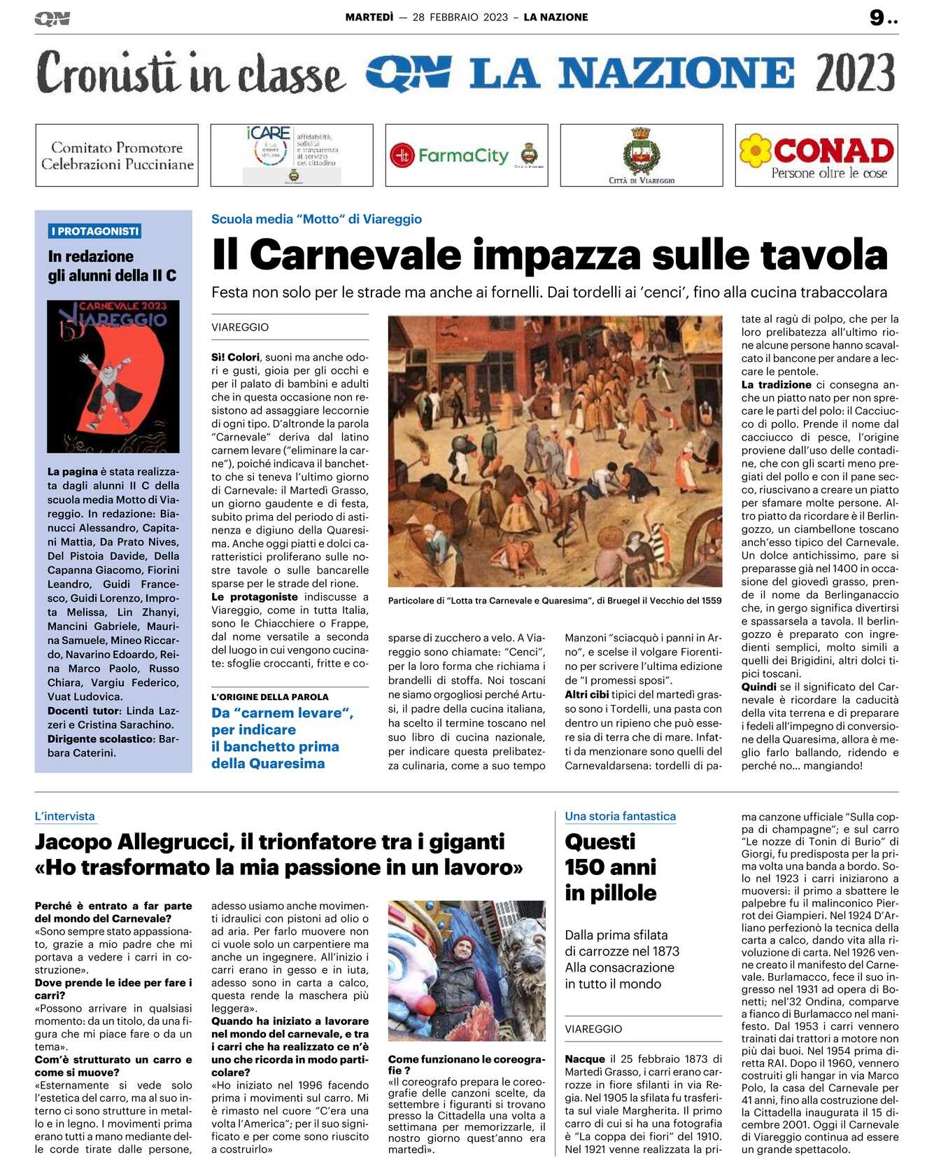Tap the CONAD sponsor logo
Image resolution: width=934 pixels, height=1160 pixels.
(816, 155)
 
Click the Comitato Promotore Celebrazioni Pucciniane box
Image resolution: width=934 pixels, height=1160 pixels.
(117, 155)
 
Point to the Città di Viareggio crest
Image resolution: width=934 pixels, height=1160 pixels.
(641, 151)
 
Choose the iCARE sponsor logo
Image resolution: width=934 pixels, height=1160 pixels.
(292, 155)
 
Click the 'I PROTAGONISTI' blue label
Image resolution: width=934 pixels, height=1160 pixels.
(95, 231)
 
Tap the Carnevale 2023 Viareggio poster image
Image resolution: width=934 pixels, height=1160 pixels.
(113, 376)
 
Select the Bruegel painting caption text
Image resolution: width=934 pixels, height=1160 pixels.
(554, 601)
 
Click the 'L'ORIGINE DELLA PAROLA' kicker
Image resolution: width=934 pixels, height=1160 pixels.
(269, 697)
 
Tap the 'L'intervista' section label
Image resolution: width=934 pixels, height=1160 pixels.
(64, 816)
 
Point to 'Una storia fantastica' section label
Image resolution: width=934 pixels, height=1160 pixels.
(620, 816)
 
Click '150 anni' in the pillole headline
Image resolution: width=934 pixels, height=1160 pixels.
(610, 867)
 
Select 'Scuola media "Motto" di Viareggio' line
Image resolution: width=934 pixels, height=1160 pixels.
(316, 219)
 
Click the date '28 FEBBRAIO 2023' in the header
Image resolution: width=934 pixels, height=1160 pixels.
(460, 18)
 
